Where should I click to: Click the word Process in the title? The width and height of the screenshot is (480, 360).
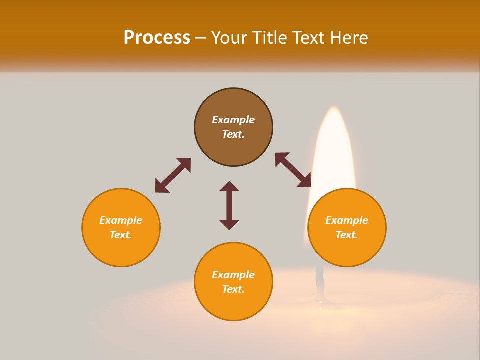tap(157, 38)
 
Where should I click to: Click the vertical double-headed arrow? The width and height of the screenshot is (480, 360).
tap(229, 205)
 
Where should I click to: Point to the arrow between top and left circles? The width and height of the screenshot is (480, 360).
tap(173, 175)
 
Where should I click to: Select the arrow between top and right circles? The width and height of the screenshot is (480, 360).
tap(293, 170)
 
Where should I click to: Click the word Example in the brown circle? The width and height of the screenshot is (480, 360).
tap(233, 120)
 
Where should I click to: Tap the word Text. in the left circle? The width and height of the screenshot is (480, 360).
tap(121, 235)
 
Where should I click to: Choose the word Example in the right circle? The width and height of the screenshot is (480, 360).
tap(347, 220)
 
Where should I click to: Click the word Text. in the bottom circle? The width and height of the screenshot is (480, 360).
tap(233, 289)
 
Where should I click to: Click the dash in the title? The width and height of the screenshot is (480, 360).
tap(201, 38)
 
